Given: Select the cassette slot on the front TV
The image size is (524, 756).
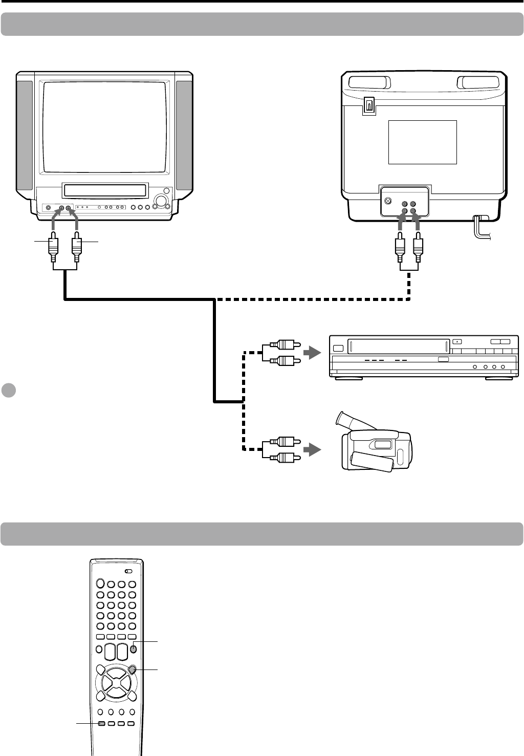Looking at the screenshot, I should click(x=105, y=190).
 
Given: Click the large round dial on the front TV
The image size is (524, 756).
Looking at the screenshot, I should click(x=162, y=201).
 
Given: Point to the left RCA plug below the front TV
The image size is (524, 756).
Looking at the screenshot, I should click(x=53, y=245).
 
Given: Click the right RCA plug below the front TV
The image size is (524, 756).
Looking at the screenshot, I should click(x=77, y=245).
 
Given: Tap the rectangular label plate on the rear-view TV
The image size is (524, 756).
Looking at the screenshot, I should click(x=422, y=142).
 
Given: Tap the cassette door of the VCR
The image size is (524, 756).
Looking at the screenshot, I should click(x=398, y=347).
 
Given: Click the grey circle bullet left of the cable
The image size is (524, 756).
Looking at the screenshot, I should click(x=8, y=390).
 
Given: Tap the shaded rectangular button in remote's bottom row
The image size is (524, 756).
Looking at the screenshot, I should click(x=101, y=724).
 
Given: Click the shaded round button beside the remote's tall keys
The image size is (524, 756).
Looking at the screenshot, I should click(x=133, y=649).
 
